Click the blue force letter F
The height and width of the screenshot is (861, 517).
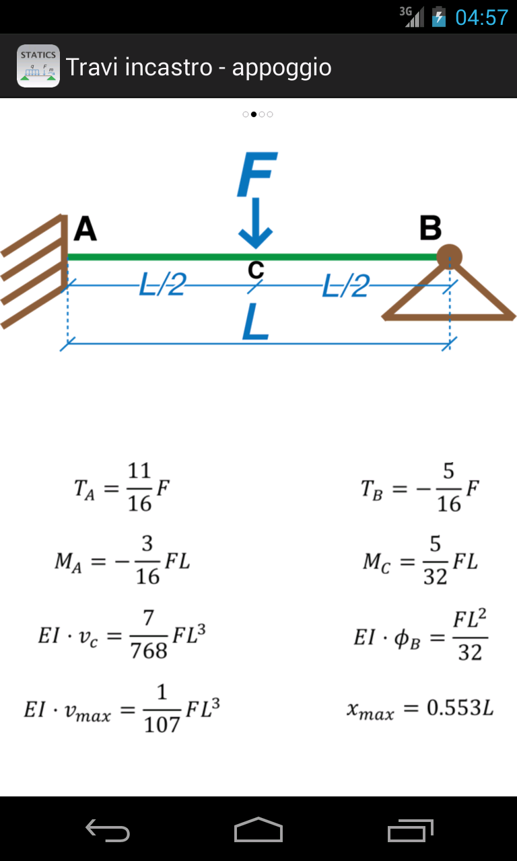256,175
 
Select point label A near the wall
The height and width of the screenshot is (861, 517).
85,229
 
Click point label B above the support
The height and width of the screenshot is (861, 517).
430,229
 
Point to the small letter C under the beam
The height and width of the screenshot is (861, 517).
256,270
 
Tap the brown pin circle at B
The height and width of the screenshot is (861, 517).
449,256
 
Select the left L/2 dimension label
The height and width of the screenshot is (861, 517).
162,286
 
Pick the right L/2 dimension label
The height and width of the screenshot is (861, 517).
346,287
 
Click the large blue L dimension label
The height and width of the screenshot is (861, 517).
256,323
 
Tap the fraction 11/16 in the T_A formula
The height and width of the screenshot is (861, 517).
139,487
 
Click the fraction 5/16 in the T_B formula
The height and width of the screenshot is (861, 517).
449,487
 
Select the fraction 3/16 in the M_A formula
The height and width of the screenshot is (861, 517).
147,560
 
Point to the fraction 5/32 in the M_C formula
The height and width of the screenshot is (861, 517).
436,560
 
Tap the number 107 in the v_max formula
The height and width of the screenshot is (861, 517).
162,724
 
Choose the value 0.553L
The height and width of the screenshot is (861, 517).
460,708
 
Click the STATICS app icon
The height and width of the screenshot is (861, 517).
38,66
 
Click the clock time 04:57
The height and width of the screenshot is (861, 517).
481,17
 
